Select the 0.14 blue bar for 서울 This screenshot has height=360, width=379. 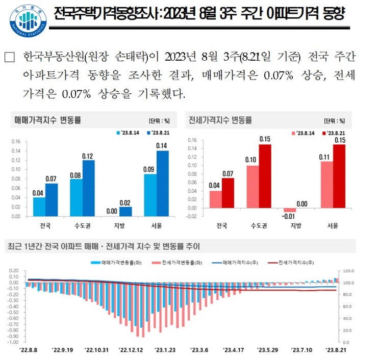162,183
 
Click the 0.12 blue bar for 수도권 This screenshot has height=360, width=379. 88,188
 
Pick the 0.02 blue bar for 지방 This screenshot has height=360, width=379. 125,211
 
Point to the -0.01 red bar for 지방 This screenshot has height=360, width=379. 290,210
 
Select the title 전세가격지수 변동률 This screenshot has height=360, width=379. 220,120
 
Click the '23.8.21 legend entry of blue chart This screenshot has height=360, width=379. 158,133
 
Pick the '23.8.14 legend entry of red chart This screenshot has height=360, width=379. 304,134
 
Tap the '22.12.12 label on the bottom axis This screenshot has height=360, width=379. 131,350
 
